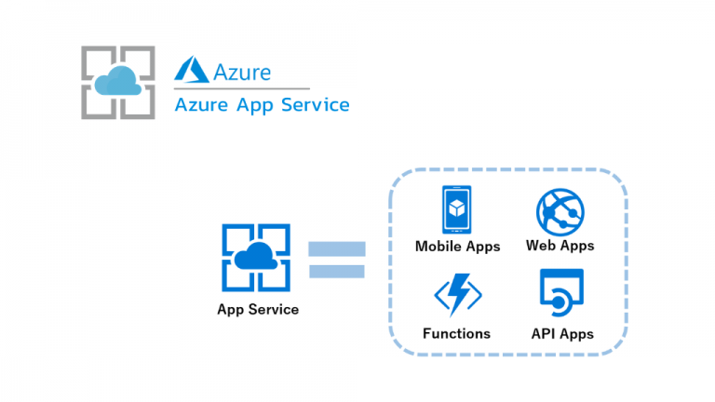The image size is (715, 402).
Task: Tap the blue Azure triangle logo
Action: pos(191,71)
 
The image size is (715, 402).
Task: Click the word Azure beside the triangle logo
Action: pos(241,71)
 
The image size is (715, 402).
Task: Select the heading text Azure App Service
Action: pos(262,105)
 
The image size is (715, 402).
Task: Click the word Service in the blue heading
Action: pos(313,105)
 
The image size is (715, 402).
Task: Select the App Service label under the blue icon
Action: pos(258,309)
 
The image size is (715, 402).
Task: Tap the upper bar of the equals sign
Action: pos(337,249)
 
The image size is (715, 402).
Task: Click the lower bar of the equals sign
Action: pos(337,271)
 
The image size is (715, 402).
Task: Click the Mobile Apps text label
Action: pos(457,247)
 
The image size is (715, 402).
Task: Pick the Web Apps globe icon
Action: pos(560,211)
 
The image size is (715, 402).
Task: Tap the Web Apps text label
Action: pos(560,247)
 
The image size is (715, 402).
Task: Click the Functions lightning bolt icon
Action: pos(457,295)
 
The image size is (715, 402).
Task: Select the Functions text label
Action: pos(457,333)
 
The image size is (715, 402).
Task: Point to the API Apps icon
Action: pos(561,295)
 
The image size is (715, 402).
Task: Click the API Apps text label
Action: pos(561,333)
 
